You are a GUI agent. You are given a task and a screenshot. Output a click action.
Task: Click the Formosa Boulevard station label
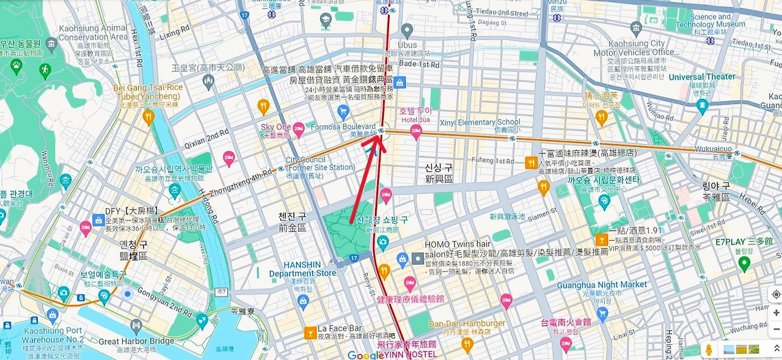pyautogui.click(x=343, y=127)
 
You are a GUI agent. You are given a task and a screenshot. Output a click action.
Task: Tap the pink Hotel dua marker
pyautogui.click(x=416, y=132)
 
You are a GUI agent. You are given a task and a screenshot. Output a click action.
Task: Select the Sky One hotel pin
pyautogui.click(x=299, y=128)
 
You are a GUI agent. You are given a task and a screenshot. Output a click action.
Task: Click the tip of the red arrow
pyautogui.click(x=383, y=135)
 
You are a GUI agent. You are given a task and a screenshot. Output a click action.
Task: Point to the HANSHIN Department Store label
pyautogui.click(x=302, y=269)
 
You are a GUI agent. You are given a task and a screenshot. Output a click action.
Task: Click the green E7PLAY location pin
pyautogui.click(x=744, y=264)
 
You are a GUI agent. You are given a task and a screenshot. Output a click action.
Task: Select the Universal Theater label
pyautogui.click(x=702, y=77)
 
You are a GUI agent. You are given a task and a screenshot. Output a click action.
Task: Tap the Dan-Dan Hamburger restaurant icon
pyautogui.click(x=467, y=345)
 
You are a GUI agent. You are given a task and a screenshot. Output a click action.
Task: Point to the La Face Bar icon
pyautogui.click(x=310, y=333)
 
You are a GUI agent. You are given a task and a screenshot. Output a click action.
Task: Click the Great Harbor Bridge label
pyautogui.click(x=136, y=342)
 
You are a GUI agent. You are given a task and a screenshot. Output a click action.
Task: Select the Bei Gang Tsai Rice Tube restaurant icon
pyautogui.click(x=148, y=117)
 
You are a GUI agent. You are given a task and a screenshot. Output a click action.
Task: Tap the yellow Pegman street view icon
pyautogui.click(x=709, y=350)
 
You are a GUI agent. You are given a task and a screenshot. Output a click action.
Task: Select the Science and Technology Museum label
pyautogui.click(x=710, y=21)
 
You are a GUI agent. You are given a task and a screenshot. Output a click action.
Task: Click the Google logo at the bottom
pyautogui.click(x=365, y=355)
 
